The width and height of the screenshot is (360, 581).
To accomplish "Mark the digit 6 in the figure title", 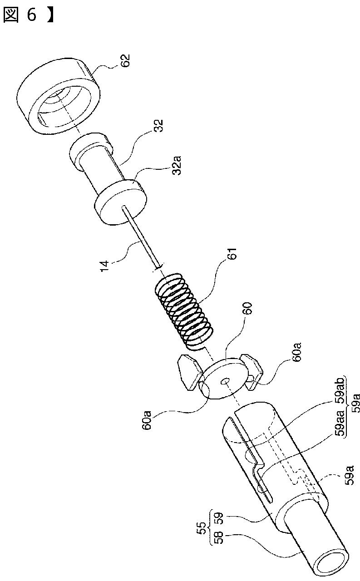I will coord(31,15).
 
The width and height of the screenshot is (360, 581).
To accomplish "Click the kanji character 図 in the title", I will coord(11,15).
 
